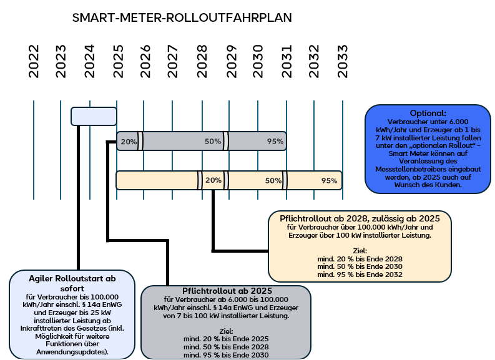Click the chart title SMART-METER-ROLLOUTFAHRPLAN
[x=182, y=17]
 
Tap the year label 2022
[x=34, y=61]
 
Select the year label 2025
[x=119, y=61]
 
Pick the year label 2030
[x=258, y=61]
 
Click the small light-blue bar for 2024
[x=94, y=117]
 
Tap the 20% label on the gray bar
[x=129, y=142]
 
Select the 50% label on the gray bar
[x=213, y=142]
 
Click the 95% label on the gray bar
[x=275, y=142]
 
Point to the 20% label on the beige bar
[x=213, y=180]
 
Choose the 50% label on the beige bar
[x=273, y=180]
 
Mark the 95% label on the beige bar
[x=330, y=180]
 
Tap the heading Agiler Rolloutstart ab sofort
[x=72, y=284]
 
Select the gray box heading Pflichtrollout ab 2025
[x=227, y=291]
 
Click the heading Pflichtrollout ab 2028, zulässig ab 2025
[x=360, y=218]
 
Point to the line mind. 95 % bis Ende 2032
[x=360, y=274]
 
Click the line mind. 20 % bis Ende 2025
[x=226, y=338]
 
